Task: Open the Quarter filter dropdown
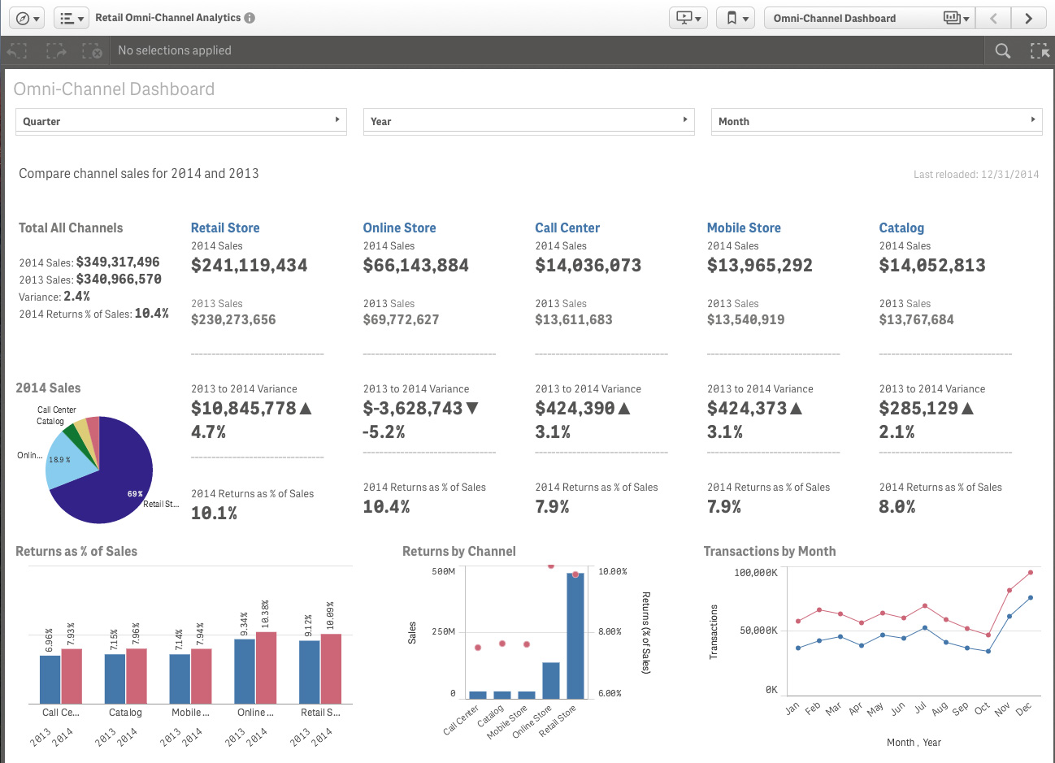[180, 121]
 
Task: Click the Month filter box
[876, 121]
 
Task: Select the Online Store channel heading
[399, 228]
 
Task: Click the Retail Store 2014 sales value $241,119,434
[249, 266]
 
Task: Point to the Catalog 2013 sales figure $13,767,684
[916, 319]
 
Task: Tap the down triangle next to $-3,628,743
[472, 408]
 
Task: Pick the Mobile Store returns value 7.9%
[723, 507]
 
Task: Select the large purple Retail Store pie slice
[114, 479]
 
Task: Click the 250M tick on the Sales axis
[443, 631]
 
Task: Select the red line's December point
[1031, 572]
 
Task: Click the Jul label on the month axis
[919, 708]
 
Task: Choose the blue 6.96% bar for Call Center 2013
[50, 679]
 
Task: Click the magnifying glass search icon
[1003, 50]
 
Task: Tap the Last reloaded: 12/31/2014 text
[975, 174]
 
